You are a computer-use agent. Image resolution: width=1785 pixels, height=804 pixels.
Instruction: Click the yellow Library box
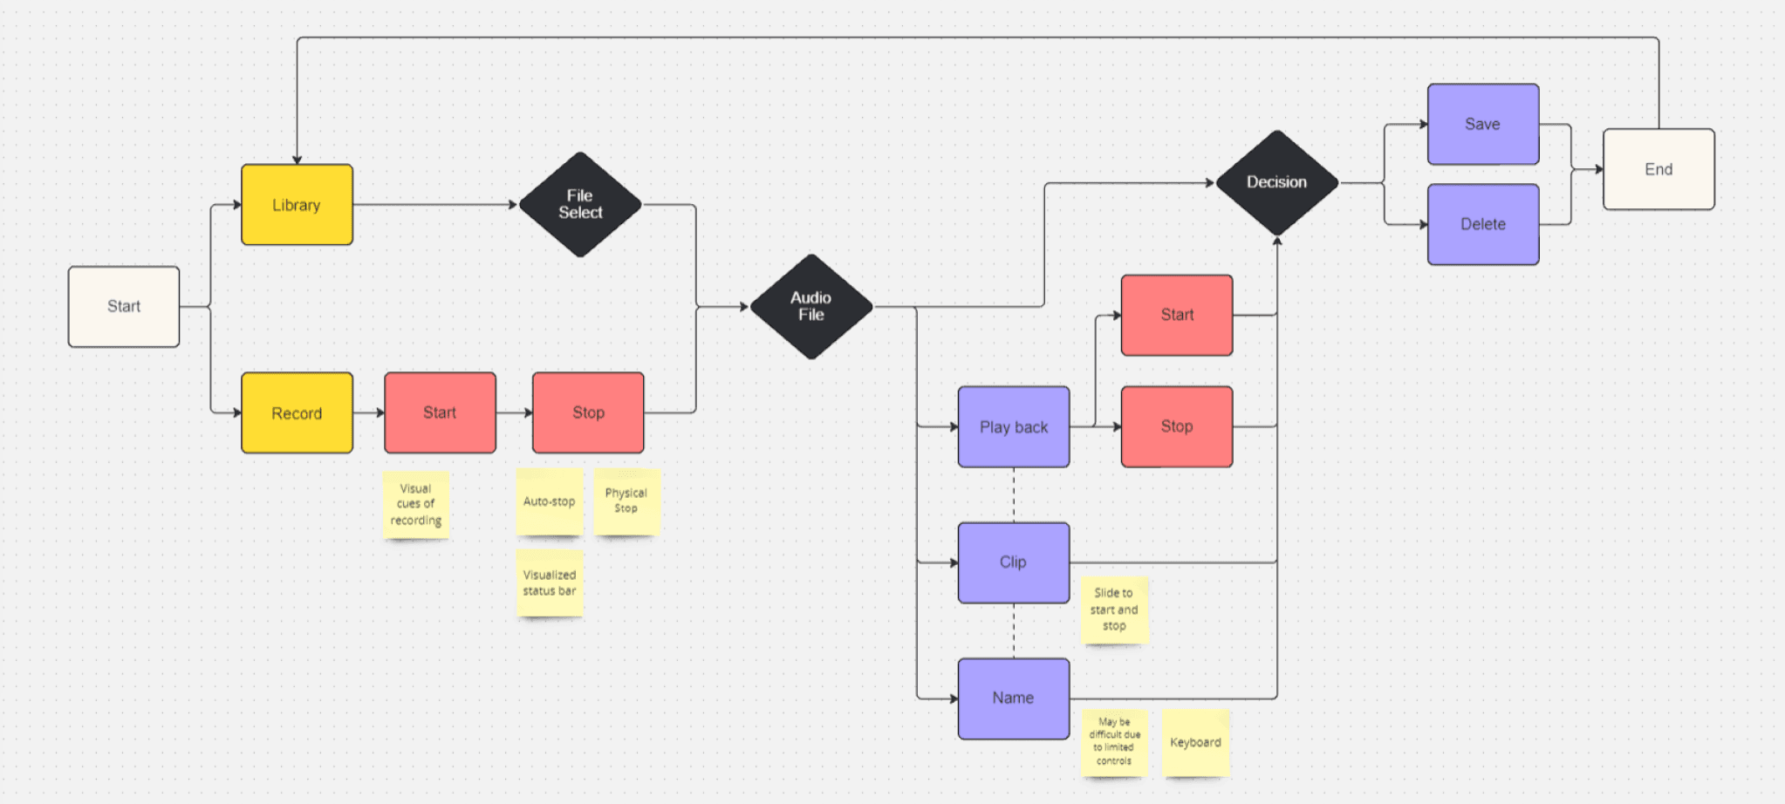coord(297,205)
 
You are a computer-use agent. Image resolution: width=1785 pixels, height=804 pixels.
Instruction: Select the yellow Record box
coord(297,413)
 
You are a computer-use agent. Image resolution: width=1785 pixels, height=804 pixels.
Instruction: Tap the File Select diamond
coord(580,205)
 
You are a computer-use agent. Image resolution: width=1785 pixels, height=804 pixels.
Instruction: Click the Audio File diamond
coord(811,306)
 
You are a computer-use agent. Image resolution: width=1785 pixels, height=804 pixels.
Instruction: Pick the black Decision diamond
coord(1276,182)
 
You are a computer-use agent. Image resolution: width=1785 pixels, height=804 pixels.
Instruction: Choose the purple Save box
coord(1482,124)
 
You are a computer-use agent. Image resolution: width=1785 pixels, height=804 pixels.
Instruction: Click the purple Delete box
coord(1482,224)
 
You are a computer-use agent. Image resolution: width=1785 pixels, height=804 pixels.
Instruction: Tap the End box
coord(1658,169)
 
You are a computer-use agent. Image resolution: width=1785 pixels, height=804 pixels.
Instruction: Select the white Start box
coord(124,306)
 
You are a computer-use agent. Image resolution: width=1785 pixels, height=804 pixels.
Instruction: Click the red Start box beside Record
coord(440,412)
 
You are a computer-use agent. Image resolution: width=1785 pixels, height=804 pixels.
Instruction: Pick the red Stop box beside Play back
coord(1176,426)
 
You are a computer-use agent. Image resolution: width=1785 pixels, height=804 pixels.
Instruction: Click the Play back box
coord(1013,426)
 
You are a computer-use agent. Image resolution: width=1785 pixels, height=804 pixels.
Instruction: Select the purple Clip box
coord(1013,562)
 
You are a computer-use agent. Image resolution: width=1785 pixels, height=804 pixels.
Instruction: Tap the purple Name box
coord(1013,698)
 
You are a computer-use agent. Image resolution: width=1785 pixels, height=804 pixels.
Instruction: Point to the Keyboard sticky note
coord(1195,742)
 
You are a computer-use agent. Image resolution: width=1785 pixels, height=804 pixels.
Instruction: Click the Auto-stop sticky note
coord(549,501)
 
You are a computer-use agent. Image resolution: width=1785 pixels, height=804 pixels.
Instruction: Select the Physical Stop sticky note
coord(626,501)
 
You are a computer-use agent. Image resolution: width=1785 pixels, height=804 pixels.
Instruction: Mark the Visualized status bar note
coord(549,583)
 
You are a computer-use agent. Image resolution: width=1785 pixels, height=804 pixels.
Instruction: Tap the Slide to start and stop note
coord(1114,610)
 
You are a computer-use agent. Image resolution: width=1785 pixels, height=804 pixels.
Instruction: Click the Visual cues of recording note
coord(415,504)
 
